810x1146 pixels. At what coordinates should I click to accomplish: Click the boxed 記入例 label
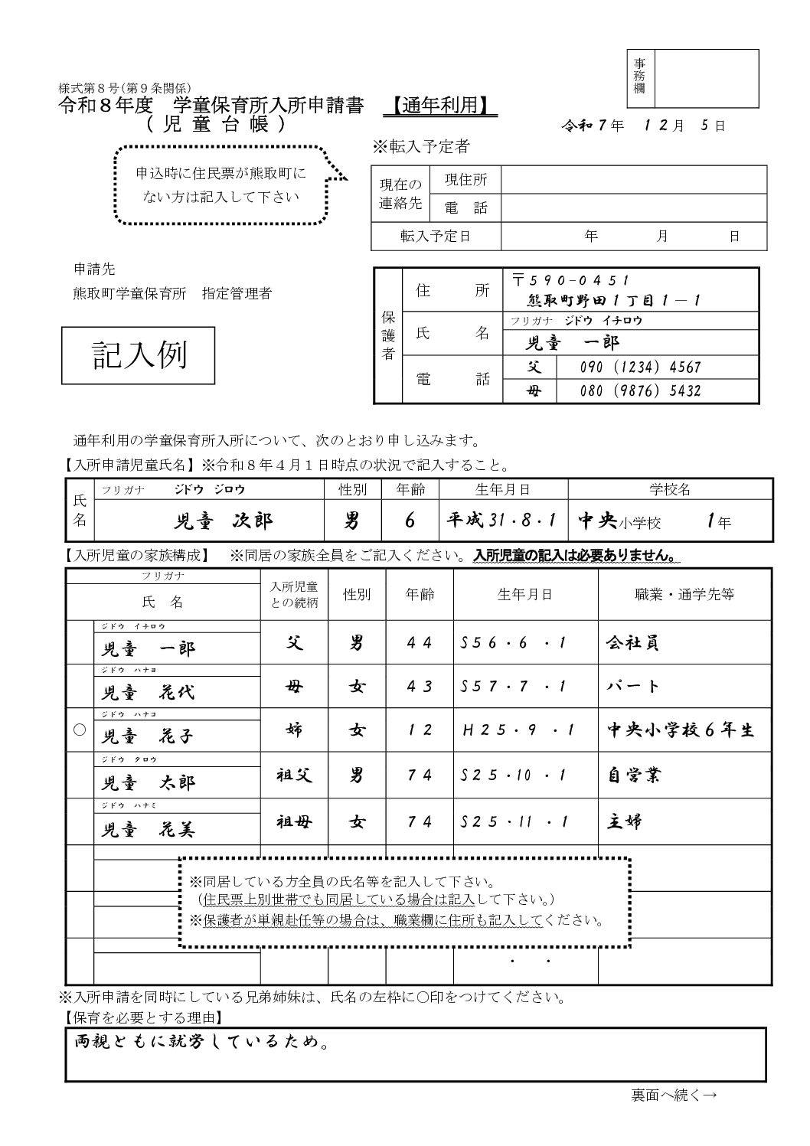(139, 355)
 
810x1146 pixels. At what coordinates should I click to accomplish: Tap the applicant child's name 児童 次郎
(223, 521)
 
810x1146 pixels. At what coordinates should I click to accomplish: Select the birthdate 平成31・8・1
(501, 521)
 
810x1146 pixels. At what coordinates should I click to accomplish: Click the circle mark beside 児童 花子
(79, 730)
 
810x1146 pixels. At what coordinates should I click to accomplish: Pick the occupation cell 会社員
(632, 642)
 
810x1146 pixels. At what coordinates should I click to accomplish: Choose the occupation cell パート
(632, 686)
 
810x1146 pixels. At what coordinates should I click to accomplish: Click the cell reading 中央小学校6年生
(680, 730)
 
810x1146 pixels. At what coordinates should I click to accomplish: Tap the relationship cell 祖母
(294, 822)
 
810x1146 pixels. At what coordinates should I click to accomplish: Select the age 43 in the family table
(420, 687)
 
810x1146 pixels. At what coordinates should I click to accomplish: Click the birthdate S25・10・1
(514, 775)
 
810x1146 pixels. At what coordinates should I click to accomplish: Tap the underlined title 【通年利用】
(439, 106)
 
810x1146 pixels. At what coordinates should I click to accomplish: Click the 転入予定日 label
(436, 236)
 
